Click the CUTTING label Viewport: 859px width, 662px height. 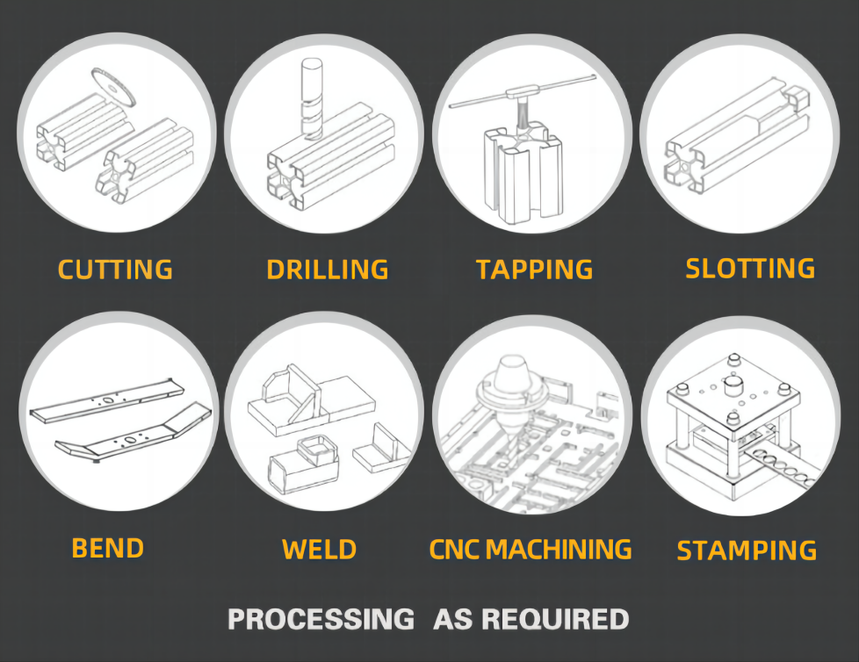[115, 270]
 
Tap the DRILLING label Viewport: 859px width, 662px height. [328, 270]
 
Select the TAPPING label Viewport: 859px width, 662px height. [535, 270]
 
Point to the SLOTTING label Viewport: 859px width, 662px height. [750, 269]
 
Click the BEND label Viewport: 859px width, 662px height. [108, 548]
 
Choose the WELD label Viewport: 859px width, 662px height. [320, 550]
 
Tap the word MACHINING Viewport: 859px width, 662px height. [559, 550]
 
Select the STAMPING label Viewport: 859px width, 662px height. [747, 550]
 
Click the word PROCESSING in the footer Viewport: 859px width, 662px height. [321, 619]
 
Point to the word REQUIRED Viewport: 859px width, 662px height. [555, 619]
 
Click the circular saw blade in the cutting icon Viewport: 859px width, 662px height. [113, 88]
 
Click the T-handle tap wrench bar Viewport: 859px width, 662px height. [523, 90]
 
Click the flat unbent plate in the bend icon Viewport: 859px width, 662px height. [107, 399]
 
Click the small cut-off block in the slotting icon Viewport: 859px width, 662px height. [798, 99]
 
